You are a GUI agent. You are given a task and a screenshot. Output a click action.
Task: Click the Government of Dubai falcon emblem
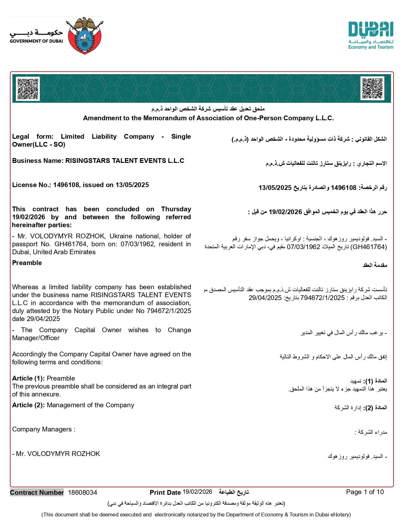tap(84, 36)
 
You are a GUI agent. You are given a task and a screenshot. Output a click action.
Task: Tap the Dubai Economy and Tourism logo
tap(371, 35)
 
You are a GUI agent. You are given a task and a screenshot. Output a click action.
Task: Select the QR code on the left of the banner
tap(28, 89)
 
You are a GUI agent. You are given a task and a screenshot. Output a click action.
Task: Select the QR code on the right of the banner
tap(372, 88)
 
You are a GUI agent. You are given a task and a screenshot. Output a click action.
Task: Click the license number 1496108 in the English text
tap(66, 185)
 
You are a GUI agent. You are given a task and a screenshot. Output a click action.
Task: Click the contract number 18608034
tap(82, 493)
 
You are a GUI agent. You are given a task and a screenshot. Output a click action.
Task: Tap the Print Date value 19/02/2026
tap(197, 492)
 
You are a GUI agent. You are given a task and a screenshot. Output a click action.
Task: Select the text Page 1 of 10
tap(365, 492)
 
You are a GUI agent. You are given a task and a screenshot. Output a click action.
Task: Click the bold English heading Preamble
tap(27, 263)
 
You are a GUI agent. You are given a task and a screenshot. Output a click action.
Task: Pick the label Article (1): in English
tap(28, 378)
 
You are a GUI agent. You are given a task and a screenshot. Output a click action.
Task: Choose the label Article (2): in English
tap(28, 405)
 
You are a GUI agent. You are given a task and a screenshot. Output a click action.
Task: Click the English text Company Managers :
tap(44, 429)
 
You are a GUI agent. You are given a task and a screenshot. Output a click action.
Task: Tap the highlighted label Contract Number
tap(37, 493)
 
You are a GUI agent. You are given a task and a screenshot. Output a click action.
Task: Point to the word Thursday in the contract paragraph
tap(176, 209)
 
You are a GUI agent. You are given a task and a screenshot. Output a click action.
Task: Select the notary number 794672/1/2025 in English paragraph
tap(169, 311)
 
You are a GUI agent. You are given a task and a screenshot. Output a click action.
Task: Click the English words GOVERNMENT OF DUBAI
tap(36, 41)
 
